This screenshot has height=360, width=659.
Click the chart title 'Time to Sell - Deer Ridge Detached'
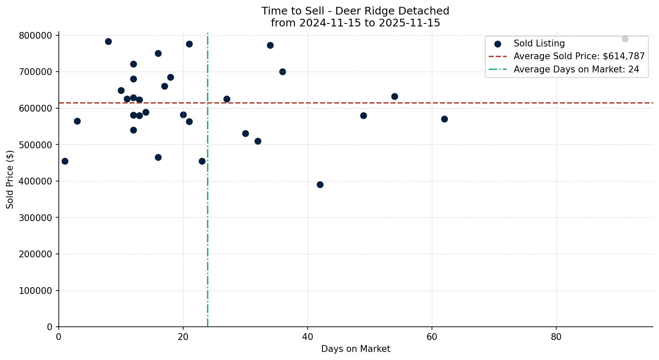point(355,11)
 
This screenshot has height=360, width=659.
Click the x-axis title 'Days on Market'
point(355,349)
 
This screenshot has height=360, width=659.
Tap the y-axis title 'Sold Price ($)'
point(10,179)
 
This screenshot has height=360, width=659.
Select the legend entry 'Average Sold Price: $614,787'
point(578,56)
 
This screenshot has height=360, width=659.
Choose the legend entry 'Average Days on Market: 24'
point(576,69)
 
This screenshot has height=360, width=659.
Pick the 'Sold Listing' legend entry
point(539,43)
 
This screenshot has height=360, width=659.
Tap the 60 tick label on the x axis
point(432,337)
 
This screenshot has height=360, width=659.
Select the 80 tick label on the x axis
point(556,337)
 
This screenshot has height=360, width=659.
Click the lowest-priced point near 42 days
point(320,184)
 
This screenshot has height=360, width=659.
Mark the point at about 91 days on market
point(625,39)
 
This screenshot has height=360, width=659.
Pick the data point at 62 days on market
point(444,119)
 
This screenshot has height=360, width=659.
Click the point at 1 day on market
point(65,161)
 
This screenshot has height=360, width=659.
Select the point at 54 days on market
point(394,96)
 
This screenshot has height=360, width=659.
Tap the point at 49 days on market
point(363,115)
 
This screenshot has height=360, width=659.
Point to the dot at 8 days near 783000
point(108,41)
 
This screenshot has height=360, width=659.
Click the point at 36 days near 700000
point(282,72)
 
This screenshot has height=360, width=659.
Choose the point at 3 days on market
point(77,121)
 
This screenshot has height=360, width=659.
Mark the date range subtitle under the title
point(355,23)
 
